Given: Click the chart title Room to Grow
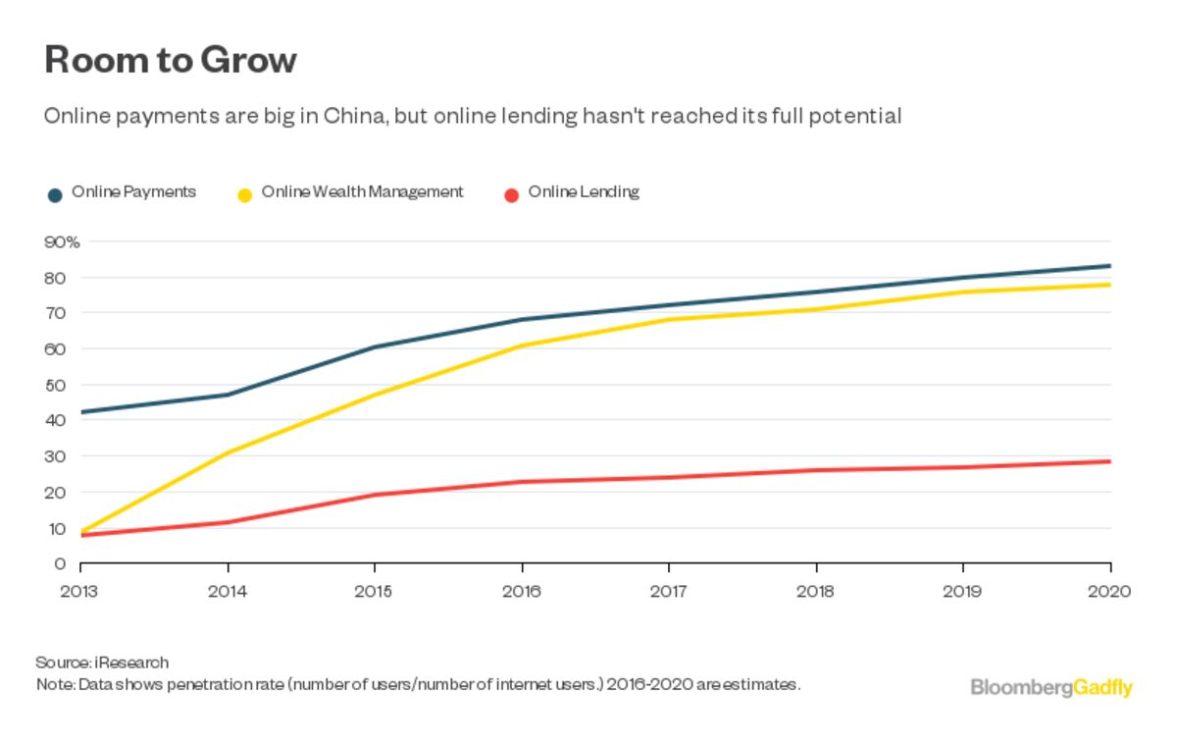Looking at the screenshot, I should click(171, 61).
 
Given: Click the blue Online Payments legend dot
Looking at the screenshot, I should click(56, 194).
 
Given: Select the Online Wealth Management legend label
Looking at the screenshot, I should click(362, 192).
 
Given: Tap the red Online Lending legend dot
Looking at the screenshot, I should click(511, 194).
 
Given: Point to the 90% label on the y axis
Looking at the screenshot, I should click(61, 241).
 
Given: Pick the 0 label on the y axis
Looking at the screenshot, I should click(61, 563).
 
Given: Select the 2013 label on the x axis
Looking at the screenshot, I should click(80, 592).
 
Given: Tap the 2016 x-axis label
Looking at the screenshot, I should click(522, 592).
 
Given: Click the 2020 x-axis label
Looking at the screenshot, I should click(1110, 592).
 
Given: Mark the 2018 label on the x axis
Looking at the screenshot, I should click(816, 592).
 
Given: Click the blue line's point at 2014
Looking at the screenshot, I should click(228, 395).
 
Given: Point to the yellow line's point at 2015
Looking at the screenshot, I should click(375, 395).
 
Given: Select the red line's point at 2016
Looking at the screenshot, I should click(522, 482).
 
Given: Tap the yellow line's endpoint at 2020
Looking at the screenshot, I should click(1109, 285).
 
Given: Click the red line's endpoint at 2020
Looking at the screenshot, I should click(1109, 461).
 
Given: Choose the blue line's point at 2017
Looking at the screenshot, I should click(669, 305).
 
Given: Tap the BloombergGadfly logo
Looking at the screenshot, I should click(1050, 687).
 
